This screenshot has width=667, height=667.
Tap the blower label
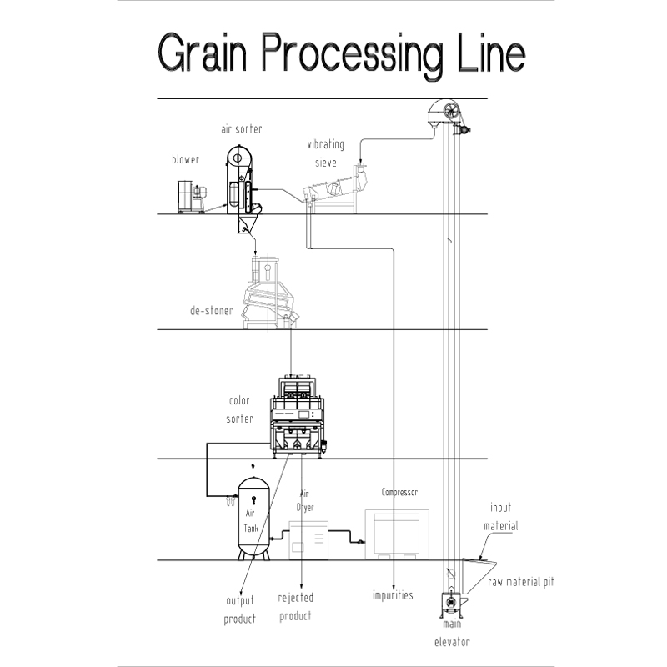pyautogui.click(x=185, y=160)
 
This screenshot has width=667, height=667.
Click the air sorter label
pyautogui.click(x=242, y=129)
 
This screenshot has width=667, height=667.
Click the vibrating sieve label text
pyautogui.click(x=325, y=153)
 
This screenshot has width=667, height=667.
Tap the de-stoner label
pyautogui.click(x=211, y=311)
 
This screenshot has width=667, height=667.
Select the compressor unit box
pyautogui.click(x=397, y=534)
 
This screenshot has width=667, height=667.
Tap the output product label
pyautogui.click(x=240, y=609)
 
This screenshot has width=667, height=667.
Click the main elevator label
pyautogui.click(x=451, y=633)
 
